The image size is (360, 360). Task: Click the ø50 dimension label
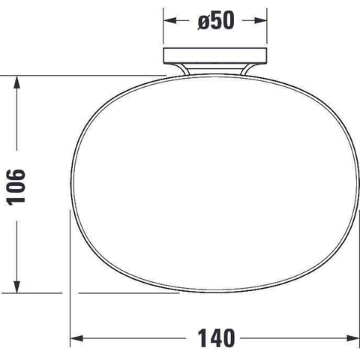pyautogui.click(x=216, y=21)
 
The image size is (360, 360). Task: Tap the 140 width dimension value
pyautogui.click(x=216, y=338)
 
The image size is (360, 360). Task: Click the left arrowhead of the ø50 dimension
pyautogui.click(x=170, y=20)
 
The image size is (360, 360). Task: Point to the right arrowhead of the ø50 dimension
pyautogui.click(x=260, y=20)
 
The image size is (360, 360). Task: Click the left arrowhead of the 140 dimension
pyautogui.click(x=76, y=338)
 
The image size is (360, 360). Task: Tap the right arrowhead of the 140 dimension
pyautogui.click(x=353, y=338)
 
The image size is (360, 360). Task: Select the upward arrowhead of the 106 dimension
pyautogui.click(x=16, y=82)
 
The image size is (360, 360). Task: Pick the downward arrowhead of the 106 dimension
pyautogui.click(x=16, y=286)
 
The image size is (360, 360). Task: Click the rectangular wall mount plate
pyautogui.click(x=215, y=55)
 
